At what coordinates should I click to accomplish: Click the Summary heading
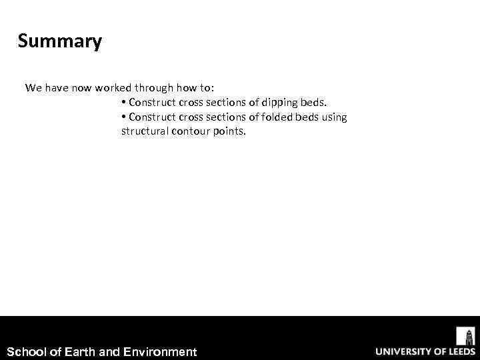point(60,41)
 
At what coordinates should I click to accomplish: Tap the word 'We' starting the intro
point(33,88)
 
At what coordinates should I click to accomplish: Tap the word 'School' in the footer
point(27,351)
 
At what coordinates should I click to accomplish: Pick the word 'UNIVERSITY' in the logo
point(404,351)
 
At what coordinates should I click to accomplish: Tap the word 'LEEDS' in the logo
point(459,351)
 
